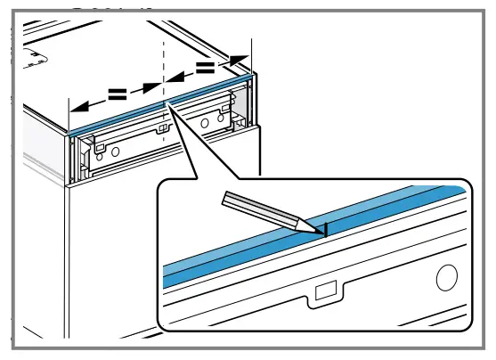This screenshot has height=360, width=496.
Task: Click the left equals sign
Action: click(x=118, y=94)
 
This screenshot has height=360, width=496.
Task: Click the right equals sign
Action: click(x=205, y=67)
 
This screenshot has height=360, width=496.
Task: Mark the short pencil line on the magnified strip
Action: click(x=326, y=229)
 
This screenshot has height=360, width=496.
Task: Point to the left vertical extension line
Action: click(x=69, y=80)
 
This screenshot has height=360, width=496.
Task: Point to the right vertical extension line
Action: click(x=252, y=53)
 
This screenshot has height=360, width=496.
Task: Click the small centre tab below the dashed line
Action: click(x=163, y=131)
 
